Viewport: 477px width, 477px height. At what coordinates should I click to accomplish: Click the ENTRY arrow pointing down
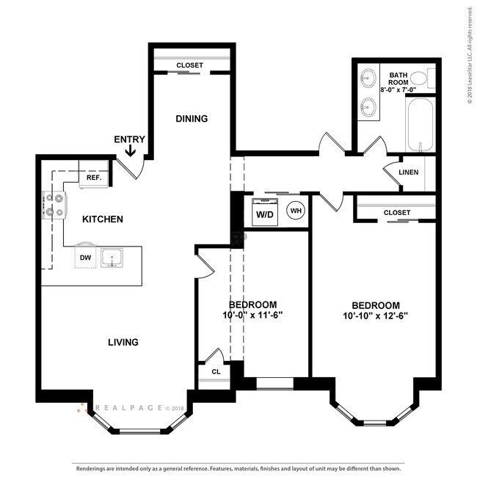130,151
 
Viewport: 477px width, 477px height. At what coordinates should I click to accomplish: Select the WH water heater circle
295,211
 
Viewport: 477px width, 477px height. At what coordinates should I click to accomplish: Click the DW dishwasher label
85,257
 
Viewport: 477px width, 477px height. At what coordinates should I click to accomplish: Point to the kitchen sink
112,257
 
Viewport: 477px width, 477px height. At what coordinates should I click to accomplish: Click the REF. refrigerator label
93,178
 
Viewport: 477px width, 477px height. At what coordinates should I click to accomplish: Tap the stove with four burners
55,205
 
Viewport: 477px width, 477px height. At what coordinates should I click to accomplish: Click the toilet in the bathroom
419,78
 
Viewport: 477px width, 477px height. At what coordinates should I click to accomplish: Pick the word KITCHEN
102,219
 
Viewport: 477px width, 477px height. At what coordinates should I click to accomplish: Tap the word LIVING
123,342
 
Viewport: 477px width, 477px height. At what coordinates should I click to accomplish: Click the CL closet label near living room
216,372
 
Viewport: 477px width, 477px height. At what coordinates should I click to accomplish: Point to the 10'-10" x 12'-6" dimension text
375,316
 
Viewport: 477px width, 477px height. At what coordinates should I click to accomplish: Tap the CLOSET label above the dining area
189,65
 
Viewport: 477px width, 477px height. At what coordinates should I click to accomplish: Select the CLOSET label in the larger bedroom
397,213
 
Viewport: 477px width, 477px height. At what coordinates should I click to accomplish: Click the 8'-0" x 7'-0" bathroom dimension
398,83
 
